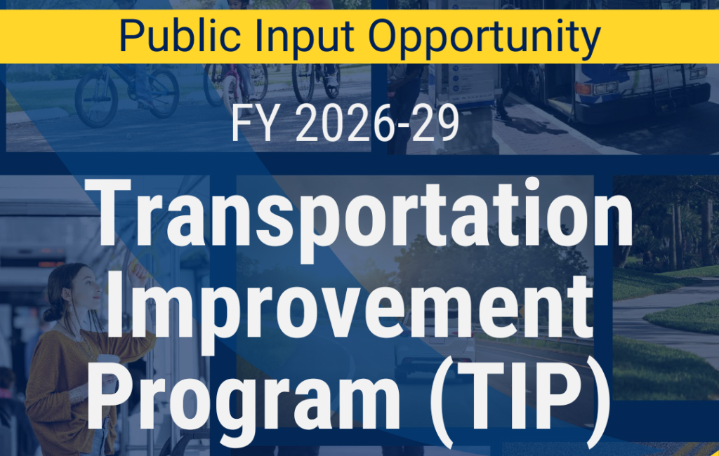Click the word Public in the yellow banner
pos(180,36)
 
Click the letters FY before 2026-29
pos(253,123)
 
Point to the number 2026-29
pos(377,123)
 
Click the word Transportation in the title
pos(359,215)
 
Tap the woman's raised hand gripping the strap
pos(138,270)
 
